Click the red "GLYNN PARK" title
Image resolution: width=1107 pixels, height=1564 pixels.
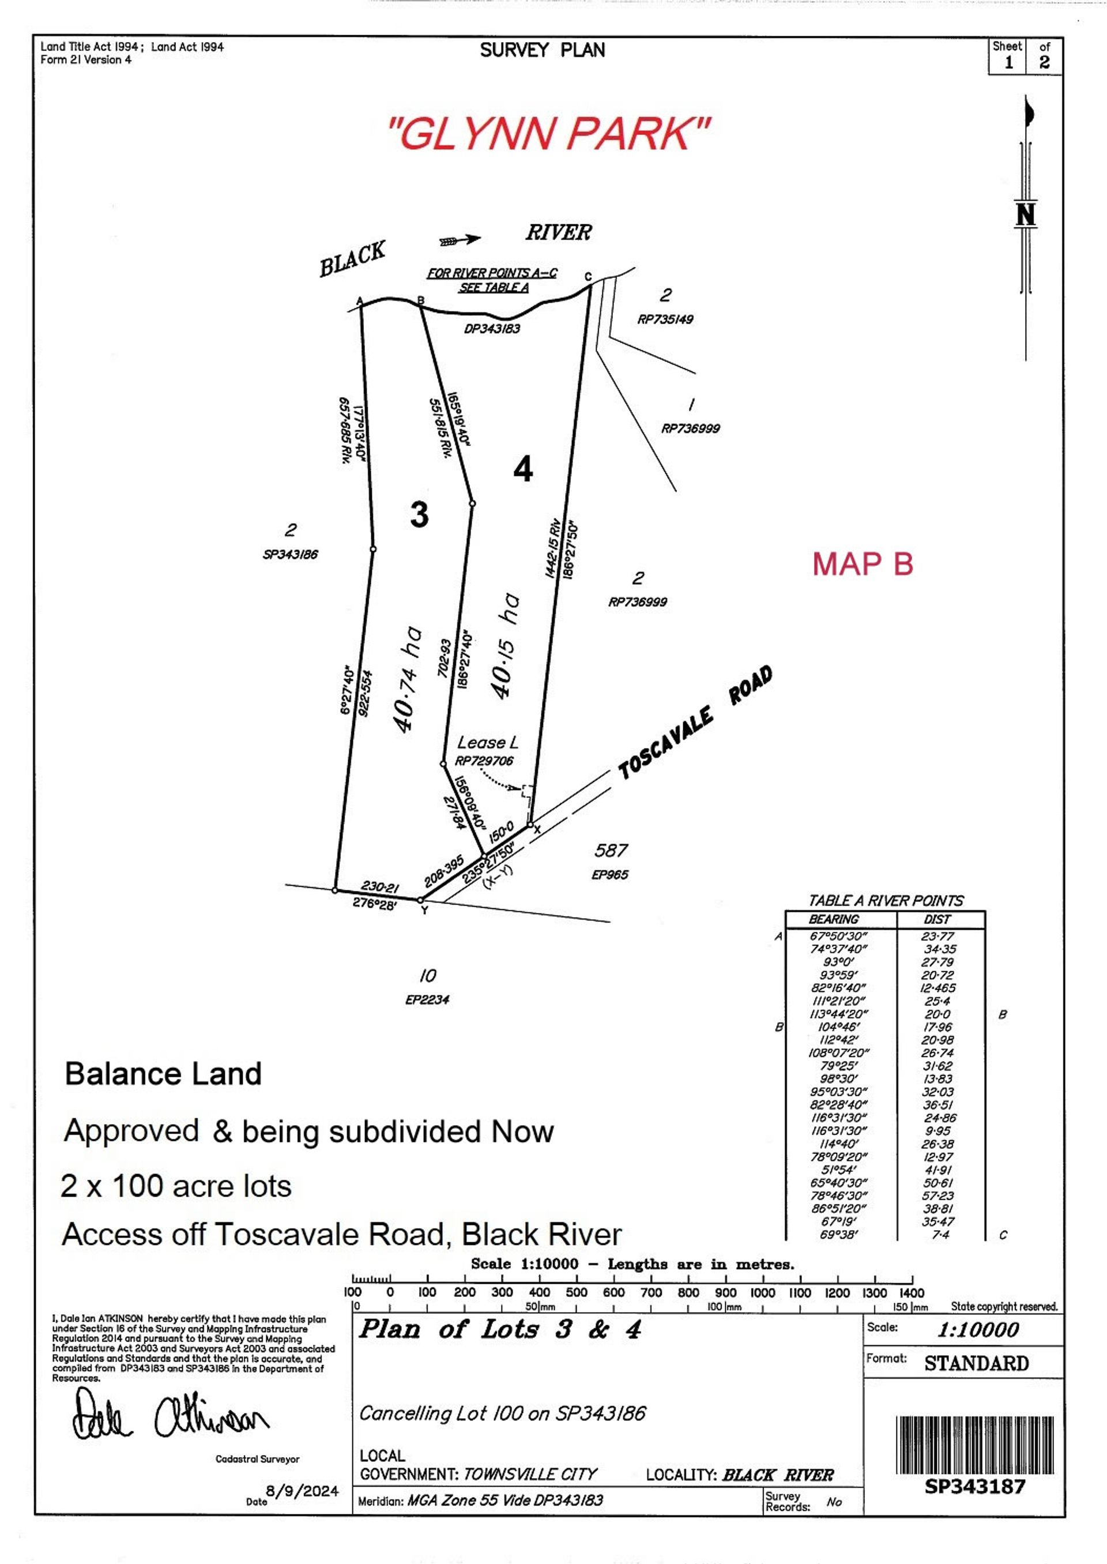coord(547,134)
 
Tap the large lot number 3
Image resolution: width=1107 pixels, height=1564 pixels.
coord(419,514)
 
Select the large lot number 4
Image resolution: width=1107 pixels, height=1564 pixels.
coord(523,469)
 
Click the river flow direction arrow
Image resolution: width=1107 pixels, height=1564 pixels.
coord(460,240)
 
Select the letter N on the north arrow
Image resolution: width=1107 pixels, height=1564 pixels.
coord(1025,215)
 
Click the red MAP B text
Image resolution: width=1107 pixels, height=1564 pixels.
coord(863,564)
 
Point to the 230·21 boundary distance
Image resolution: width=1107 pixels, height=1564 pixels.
coord(380,886)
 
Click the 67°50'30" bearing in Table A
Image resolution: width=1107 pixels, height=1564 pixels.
coord(837,937)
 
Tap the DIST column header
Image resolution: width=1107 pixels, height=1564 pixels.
coord(937,919)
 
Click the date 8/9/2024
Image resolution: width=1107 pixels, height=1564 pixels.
coord(302,1491)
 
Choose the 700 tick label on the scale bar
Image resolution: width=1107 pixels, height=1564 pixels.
coord(651,1292)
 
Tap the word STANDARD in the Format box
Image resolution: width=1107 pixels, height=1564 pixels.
coord(976,1363)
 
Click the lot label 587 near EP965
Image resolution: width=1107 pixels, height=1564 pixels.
coord(611,850)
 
